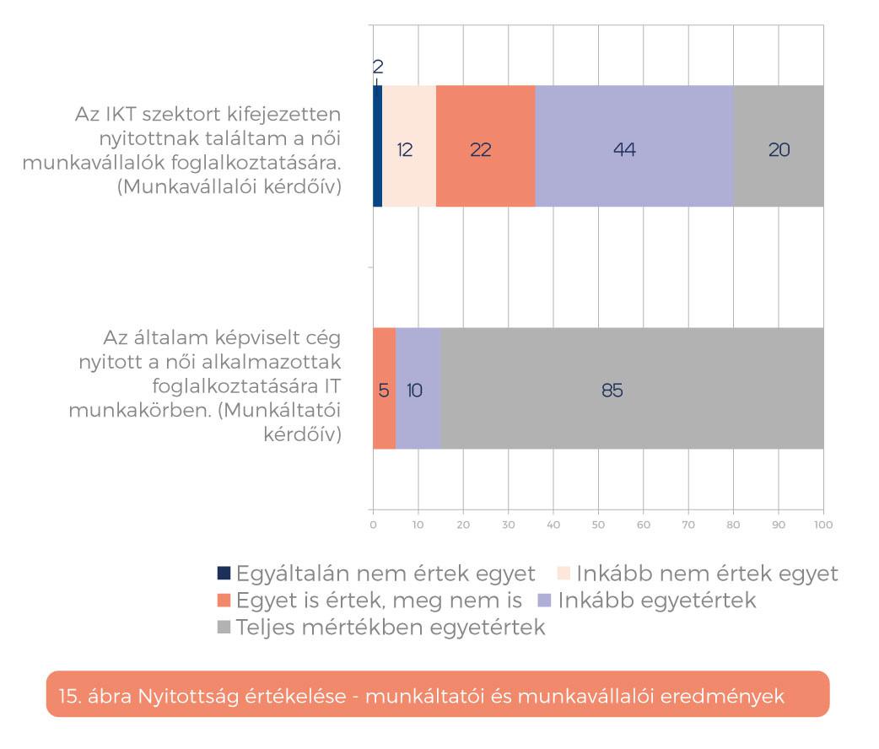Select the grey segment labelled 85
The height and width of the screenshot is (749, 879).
(632, 388)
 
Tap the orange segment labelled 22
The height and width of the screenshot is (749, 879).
(485, 146)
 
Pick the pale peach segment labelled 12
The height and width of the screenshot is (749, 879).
(409, 146)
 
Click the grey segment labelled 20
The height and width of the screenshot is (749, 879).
(778, 146)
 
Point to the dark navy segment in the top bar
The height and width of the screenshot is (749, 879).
(377, 146)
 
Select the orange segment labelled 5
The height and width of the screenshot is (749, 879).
(384, 388)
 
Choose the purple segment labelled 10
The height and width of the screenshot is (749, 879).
(418, 388)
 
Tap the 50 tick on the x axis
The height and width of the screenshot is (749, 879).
(598, 525)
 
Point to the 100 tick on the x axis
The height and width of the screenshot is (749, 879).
(822, 525)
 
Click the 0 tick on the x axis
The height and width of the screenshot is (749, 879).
(373, 525)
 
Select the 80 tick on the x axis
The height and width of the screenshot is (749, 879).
(733, 525)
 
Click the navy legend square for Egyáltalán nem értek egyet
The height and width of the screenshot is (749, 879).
(224, 574)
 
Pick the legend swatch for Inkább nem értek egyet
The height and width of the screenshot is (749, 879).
(564, 574)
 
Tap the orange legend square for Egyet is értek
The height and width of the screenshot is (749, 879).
(224, 601)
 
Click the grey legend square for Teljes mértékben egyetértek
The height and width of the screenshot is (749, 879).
(224, 628)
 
